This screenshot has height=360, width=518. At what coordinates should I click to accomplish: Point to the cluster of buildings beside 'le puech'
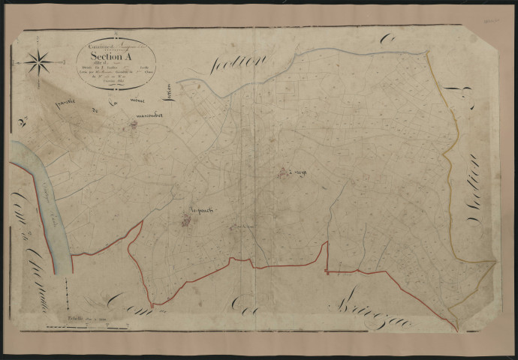pos(186,220)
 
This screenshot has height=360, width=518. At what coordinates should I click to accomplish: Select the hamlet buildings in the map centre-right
pos(285,175)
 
